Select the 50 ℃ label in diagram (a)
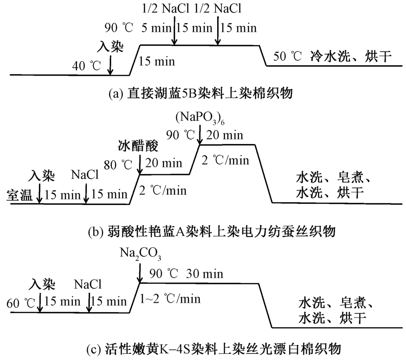pos(288,56)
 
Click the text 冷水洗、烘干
pos(351,56)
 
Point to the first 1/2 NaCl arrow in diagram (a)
pos(174,34)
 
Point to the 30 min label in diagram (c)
pos(205,274)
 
